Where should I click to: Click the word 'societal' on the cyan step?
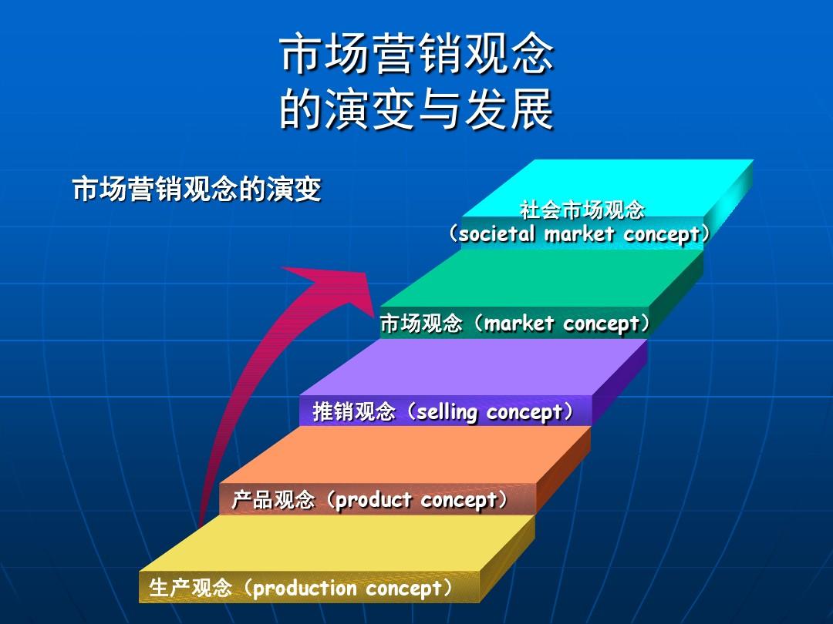[497, 233]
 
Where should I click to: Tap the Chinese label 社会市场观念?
[582, 210]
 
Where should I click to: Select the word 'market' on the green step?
[519, 323]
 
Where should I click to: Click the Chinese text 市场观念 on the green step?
[421, 323]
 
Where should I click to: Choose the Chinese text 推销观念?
[354, 411]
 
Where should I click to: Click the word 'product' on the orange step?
[373, 500]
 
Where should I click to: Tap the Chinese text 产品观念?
[273, 500]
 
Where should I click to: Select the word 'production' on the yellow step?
[305, 589]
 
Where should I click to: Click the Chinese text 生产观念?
[191, 588]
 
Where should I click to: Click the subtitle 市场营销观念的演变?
[197, 189]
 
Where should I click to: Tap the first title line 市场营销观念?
[417, 54]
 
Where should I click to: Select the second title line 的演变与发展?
[417, 109]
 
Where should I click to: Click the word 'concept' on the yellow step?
[404, 589]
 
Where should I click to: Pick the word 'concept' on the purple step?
[524, 412]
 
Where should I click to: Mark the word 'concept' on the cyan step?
[662, 234]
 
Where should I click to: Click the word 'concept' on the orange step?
[459, 501]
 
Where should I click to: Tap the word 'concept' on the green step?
[602, 324]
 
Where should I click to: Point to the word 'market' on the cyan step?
[579, 233]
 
